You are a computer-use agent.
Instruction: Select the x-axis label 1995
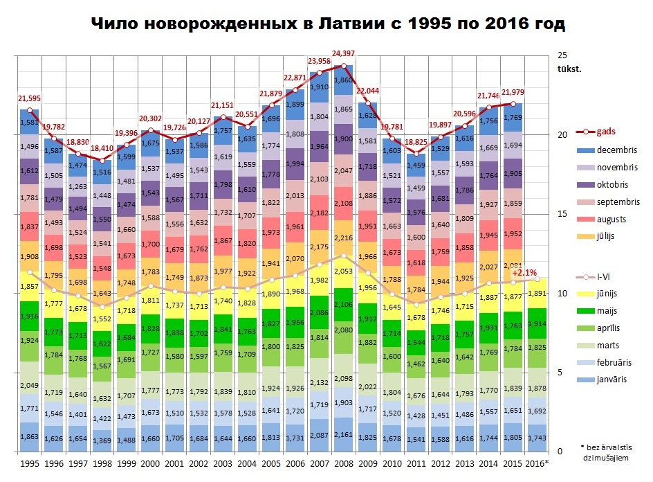(29, 462)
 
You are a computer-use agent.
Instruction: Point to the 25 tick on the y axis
(562, 55)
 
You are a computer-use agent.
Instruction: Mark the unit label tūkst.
(570, 69)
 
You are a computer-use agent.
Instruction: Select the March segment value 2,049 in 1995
(30, 385)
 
